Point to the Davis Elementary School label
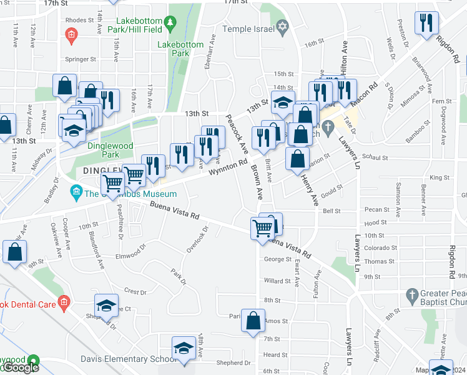pos(124,359)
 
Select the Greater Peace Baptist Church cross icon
pos(411,294)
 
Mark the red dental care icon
pos(63,303)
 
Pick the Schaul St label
pos(375,157)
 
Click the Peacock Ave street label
pos(237,134)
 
